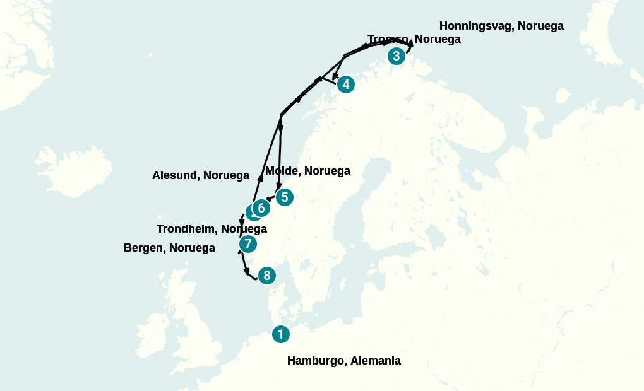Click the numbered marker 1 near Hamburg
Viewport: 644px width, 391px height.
pos(281,334)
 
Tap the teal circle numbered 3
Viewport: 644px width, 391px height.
pos(396,56)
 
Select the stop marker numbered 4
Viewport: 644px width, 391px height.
pos(345,84)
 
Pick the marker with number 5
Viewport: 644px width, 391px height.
pos(285,197)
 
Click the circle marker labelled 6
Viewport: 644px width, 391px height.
pos(261,207)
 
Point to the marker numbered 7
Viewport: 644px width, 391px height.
pos(248,244)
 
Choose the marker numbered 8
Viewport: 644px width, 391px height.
pos(267,276)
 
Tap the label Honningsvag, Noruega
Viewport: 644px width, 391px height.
pos(501,26)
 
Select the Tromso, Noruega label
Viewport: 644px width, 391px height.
pos(414,39)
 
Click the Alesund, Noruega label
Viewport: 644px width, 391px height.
pos(201,175)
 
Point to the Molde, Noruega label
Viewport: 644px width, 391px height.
pos(307,171)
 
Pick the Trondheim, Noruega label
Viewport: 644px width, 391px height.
pos(212,228)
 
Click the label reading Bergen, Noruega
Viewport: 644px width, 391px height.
pos(169,248)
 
